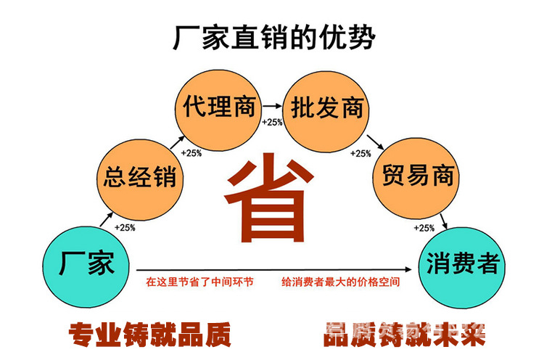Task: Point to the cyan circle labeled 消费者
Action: point(463,263)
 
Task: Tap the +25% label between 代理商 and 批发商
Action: point(272,122)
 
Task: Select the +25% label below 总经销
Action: point(125,228)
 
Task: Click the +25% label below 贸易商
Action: point(424,228)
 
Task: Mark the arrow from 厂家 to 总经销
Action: point(102,219)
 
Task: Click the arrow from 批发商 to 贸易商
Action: point(374,142)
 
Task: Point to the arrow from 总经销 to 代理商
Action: point(174,141)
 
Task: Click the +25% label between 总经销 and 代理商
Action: point(191,153)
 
